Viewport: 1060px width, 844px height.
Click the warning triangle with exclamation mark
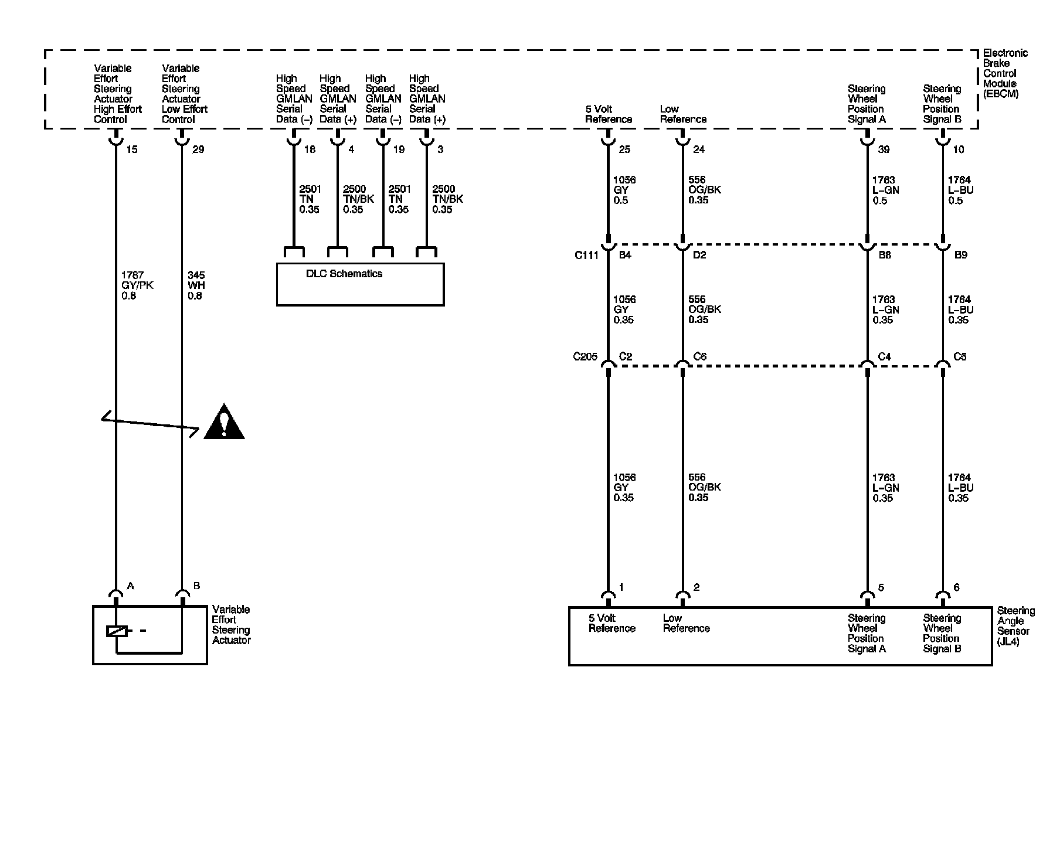[x=224, y=423]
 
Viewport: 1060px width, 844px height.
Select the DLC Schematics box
[x=360, y=284]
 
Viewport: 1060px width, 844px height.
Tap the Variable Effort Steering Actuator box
[x=150, y=635]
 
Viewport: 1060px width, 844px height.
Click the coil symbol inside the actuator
[x=117, y=631]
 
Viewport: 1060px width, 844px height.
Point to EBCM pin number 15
[x=132, y=149]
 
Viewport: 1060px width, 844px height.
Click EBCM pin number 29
[x=198, y=149]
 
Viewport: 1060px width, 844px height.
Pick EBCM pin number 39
[x=884, y=149]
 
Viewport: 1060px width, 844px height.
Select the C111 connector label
[x=586, y=255]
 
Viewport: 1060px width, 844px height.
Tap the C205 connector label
[x=585, y=356]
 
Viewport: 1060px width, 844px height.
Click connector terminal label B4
[x=625, y=255]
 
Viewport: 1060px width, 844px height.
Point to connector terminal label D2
[x=699, y=255]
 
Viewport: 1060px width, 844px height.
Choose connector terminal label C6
[x=699, y=356]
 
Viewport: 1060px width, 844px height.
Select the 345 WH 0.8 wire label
[x=196, y=285]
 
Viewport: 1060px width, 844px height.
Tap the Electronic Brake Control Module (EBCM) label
[x=1005, y=73]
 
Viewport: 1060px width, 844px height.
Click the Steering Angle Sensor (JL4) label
[x=1015, y=626]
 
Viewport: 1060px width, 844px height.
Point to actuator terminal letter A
[x=131, y=586]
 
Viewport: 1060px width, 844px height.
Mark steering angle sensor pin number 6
[x=956, y=587]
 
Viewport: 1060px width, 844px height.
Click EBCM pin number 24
[x=699, y=149]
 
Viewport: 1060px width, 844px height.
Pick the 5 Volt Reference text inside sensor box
[x=611, y=623]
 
